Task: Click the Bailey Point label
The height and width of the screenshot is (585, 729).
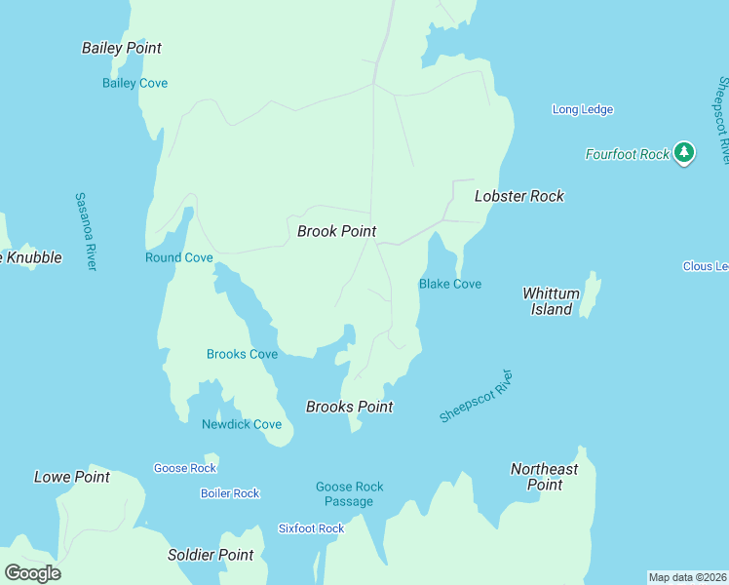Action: (x=122, y=48)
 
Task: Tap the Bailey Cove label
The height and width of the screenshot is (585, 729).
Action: (x=134, y=83)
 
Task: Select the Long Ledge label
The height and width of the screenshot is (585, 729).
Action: (x=583, y=109)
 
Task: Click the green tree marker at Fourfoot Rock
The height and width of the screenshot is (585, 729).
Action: (x=684, y=152)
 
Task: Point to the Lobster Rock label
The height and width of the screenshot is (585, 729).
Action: (x=519, y=196)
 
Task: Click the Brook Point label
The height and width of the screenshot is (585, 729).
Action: (x=336, y=231)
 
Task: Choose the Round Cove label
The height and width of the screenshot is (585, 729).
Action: (x=178, y=257)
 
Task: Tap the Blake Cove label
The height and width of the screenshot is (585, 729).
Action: (x=450, y=284)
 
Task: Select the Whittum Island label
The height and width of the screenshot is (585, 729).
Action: (x=552, y=301)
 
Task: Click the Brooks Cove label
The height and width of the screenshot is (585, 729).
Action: (x=242, y=354)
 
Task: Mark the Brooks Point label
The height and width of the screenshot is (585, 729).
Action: (x=350, y=407)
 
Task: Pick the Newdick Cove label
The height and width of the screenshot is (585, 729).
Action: (x=242, y=424)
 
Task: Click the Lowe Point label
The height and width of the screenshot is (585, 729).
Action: (x=72, y=477)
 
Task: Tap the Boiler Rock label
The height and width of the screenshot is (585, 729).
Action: (x=230, y=493)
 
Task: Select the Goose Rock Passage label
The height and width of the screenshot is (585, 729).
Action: (x=349, y=494)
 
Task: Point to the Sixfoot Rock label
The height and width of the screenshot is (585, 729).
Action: (x=311, y=528)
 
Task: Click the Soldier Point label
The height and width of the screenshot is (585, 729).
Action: (x=211, y=555)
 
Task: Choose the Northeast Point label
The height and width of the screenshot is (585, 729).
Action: (x=545, y=477)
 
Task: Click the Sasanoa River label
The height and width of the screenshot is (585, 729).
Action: (x=86, y=231)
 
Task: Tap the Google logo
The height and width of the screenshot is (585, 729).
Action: (x=32, y=572)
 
